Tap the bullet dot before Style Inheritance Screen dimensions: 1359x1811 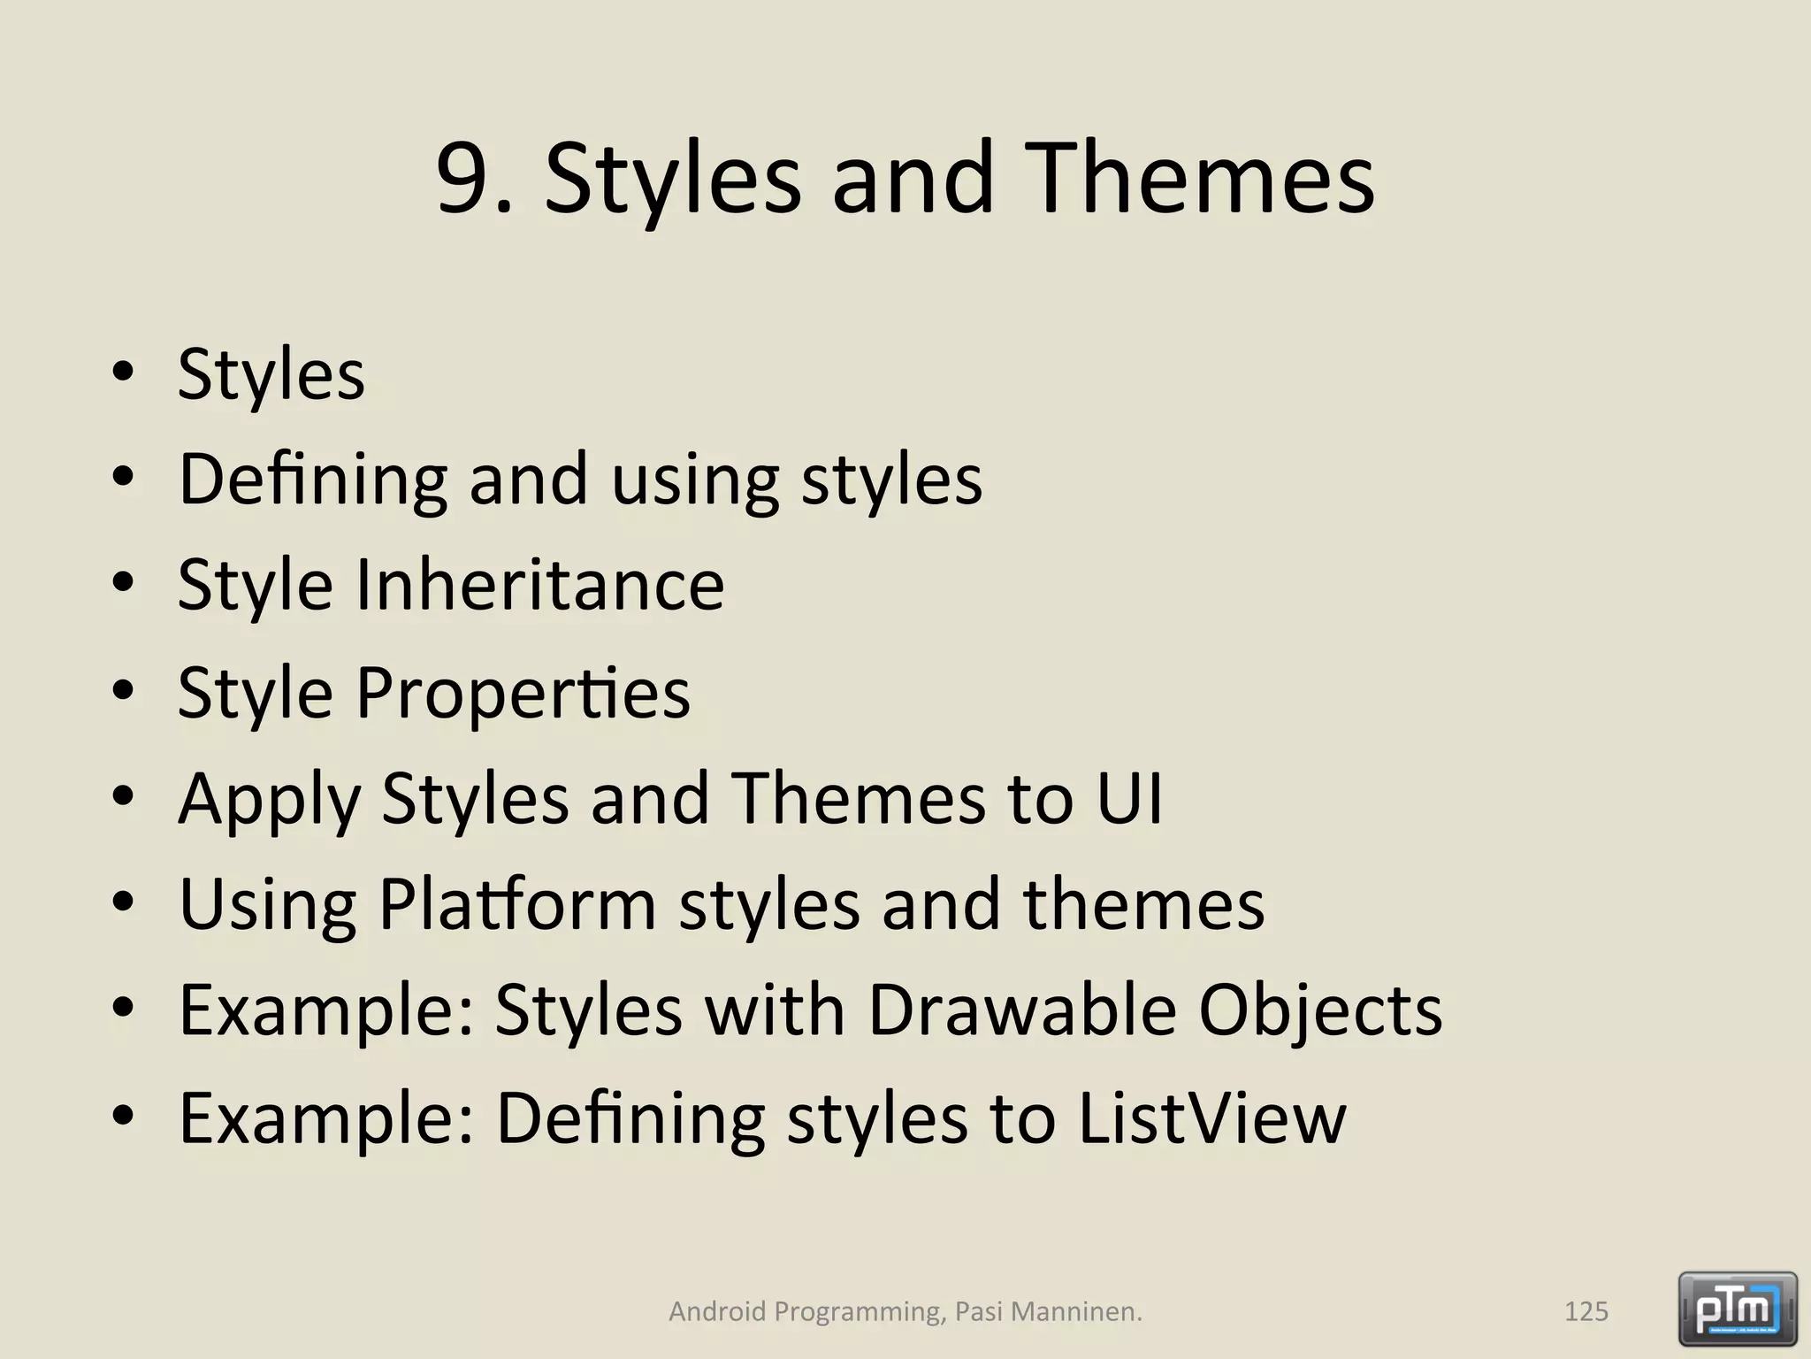(123, 582)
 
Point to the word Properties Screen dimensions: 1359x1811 (523, 692)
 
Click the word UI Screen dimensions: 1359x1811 (1128, 797)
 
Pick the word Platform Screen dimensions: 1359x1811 (517, 904)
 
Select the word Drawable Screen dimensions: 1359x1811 (1021, 1010)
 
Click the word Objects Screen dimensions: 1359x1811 (1320, 1011)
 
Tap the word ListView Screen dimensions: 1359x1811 (1211, 1117)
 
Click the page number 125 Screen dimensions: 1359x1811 (1586, 1311)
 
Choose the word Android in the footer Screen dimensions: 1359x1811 (716, 1311)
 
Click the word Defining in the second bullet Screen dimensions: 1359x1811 (313, 480)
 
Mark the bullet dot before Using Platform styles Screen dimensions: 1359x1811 (123, 902)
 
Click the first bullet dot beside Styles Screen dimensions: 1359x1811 (123, 371)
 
